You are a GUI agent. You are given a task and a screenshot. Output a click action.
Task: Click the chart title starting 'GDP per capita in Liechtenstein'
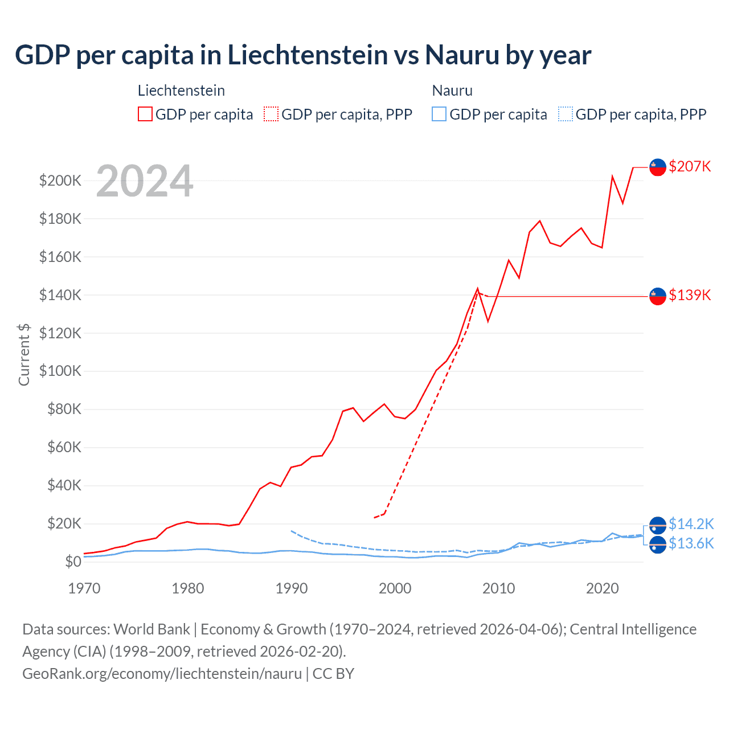pos(303,55)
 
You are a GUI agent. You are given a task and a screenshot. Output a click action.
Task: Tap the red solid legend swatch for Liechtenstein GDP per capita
pos(145,114)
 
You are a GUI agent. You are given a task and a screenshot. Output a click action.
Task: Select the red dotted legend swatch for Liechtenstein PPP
pos(271,114)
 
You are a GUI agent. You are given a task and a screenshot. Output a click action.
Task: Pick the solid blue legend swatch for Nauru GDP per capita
pos(439,114)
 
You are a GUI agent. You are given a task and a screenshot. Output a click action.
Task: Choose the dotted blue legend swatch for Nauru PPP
pos(566,114)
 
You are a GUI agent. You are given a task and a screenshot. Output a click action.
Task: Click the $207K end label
pos(690,166)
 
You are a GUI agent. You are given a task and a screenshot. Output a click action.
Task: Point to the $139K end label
pos(690,295)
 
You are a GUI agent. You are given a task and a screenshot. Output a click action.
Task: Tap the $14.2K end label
pos(691,524)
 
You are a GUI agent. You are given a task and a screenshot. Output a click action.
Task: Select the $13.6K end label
pos(691,543)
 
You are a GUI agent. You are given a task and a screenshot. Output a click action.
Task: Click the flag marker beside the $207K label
pos(658,167)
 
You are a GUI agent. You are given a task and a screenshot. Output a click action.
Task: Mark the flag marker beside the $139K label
pos(658,296)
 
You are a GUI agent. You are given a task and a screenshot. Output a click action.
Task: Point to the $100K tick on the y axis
pos(60,371)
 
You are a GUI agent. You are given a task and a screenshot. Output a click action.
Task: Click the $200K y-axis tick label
pos(60,181)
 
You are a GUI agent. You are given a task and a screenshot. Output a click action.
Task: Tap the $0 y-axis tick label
pos(73,562)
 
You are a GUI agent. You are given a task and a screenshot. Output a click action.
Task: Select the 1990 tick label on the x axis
pos(291,588)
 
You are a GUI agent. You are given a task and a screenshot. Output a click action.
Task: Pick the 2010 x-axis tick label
pos(498,588)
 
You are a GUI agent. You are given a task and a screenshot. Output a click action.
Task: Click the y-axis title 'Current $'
pos(24,354)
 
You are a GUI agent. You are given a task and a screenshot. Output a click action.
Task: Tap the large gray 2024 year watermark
pos(145,182)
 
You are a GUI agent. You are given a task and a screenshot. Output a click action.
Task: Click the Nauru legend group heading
pos(452,91)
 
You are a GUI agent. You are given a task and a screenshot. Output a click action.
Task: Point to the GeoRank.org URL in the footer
pos(162,674)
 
